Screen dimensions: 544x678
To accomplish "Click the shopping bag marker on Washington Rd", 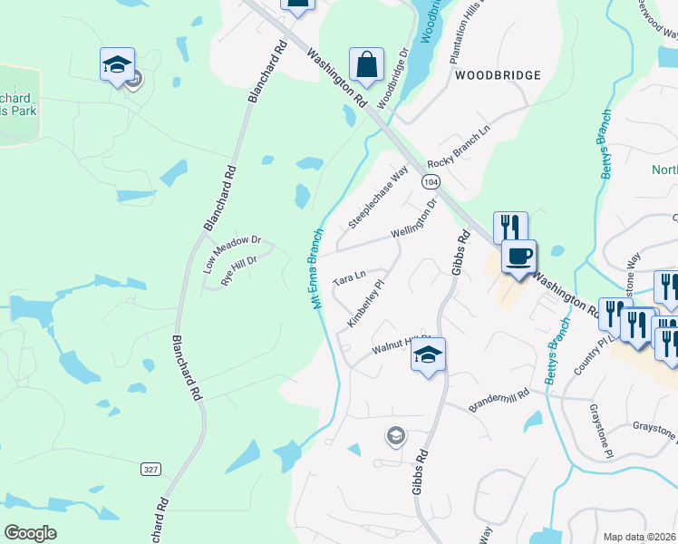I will (365, 64).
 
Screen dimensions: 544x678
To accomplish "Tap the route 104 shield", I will (431, 182).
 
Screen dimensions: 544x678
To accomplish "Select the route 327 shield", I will (151, 469).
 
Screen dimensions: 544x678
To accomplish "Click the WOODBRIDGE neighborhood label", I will (498, 75).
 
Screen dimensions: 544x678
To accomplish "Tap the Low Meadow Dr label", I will (232, 253).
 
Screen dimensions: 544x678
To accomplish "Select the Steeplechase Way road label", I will (379, 198).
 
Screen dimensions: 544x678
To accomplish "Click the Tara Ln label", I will (349, 276).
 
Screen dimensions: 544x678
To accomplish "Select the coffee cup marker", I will (518, 257).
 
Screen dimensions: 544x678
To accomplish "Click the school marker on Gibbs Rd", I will (429, 354).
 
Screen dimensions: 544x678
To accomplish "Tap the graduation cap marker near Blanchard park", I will (118, 64).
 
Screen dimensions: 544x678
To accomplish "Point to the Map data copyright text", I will (639, 537).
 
